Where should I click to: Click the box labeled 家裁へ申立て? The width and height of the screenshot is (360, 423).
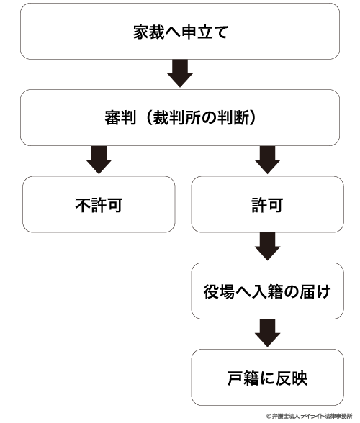(180, 32)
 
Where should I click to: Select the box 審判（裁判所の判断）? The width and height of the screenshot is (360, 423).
(180, 118)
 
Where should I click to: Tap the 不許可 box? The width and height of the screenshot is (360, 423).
(99, 204)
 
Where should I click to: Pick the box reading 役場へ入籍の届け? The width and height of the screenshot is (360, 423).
(267, 291)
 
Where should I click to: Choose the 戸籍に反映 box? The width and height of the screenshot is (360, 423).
(267, 377)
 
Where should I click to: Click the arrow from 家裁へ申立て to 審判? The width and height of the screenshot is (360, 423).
(180, 73)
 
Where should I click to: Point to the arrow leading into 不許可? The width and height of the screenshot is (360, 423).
(99, 160)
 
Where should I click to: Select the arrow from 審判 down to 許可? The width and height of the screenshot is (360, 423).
(267, 160)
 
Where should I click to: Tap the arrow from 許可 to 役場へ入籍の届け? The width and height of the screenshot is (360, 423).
(267, 246)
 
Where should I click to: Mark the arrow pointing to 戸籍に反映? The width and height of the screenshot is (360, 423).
(267, 333)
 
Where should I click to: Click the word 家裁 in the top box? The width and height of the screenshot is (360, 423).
(149, 32)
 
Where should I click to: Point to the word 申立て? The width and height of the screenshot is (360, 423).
(204, 32)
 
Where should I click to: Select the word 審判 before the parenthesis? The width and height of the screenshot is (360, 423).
(120, 118)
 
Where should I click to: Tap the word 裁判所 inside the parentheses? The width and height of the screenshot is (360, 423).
(176, 118)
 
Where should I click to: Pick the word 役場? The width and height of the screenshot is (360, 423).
(219, 291)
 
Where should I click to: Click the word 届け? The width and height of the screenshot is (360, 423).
(315, 291)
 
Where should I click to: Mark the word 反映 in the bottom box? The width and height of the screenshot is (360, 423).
(292, 378)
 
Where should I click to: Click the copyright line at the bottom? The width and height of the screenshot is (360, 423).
(309, 416)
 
